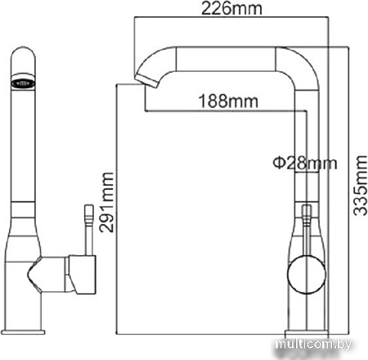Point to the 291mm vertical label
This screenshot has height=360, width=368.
click(x=105, y=202)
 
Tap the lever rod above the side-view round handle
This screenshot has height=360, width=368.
click(x=306, y=226)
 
